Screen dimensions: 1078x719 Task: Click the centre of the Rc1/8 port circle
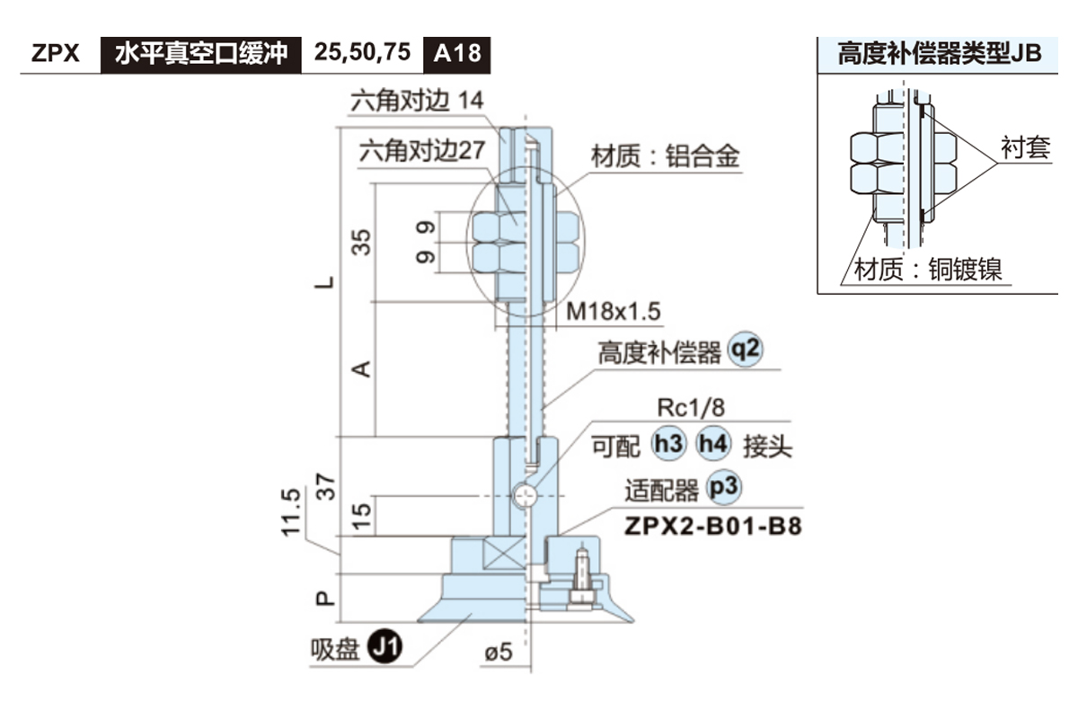[524, 495]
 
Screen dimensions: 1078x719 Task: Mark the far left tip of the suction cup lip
[417, 622]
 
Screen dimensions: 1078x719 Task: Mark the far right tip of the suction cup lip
[634, 622]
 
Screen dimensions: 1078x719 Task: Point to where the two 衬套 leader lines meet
[997, 164]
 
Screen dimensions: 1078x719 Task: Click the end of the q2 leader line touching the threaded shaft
[543, 408]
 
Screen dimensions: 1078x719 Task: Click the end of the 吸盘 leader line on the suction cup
[471, 614]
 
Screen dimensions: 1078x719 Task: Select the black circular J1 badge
[385, 646]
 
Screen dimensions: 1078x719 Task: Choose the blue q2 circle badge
[745, 350]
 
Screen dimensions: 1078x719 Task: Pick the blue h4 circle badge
[713, 444]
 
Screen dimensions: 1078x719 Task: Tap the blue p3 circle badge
[723, 487]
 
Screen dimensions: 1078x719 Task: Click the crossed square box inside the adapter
[504, 553]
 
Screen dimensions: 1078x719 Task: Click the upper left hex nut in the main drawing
[498, 226]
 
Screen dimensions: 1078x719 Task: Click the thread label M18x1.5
[613, 312]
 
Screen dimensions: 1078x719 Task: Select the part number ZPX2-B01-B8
[712, 527]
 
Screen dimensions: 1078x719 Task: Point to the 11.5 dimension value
[291, 512]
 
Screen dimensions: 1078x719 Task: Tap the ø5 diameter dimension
[499, 652]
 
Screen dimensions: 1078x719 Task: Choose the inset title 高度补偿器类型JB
[940, 53]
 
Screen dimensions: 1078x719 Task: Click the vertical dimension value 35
[361, 243]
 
